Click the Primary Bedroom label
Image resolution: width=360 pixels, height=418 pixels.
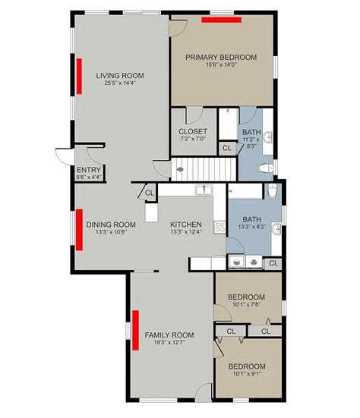point(221,58)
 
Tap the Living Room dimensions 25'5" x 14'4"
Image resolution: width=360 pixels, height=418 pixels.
point(120,83)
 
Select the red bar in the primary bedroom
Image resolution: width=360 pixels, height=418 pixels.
point(221,20)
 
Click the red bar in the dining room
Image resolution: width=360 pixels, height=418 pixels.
point(79,230)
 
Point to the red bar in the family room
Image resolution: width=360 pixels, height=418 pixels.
point(136,330)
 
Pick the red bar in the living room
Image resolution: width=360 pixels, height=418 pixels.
point(79,77)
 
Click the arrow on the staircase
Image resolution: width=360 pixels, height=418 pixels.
point(180,169)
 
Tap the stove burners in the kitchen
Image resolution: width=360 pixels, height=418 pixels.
point(220,227)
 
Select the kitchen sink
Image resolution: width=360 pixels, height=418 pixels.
point(204,190)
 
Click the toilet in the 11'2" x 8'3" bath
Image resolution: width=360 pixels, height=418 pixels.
point(266,168)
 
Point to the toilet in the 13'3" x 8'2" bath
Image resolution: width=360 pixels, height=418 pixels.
point(272,190)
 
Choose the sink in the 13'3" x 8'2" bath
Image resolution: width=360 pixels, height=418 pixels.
point(276,229)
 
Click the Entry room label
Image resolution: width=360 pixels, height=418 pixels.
point(89,170)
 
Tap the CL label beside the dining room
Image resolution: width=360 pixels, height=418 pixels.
point(150,193)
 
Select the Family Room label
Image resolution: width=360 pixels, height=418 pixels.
point(169,335)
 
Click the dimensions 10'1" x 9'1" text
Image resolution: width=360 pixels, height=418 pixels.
point(247,373)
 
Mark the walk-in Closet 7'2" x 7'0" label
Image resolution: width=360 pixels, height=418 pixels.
point(193,131)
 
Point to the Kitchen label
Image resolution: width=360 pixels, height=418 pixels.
point(186,225)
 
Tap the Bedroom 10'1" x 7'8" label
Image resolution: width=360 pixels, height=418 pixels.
point(247,297)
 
